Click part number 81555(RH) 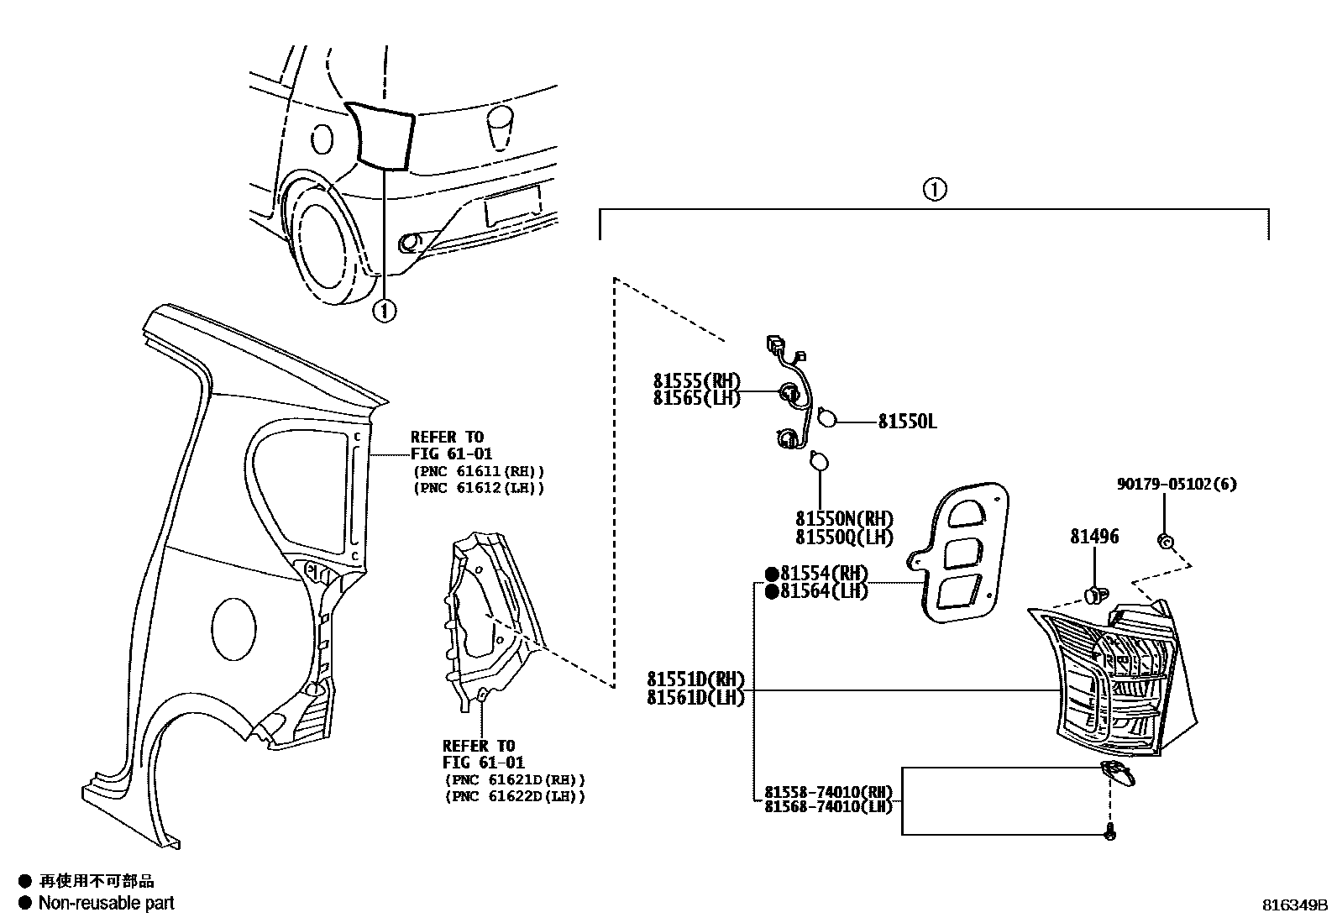click(696, 380)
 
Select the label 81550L click(907, 422)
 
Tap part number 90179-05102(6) click(1176, 485)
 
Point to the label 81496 click(1094, 537)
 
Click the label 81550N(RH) click(844, 519)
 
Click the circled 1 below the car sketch click(384, 312)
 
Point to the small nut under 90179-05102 click(1165, 541)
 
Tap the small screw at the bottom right click(1110, 834)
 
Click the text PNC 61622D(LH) click(515, 796)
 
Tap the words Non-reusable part click(107, 903)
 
